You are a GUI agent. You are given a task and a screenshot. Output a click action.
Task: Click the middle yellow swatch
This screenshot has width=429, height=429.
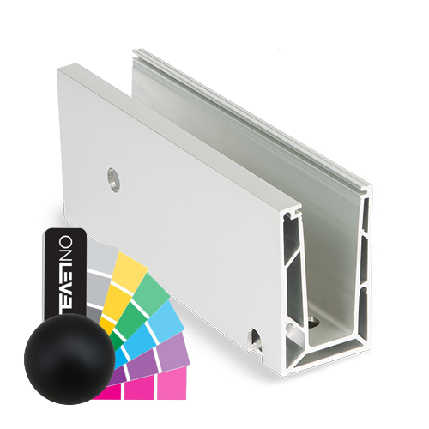[120, 292]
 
